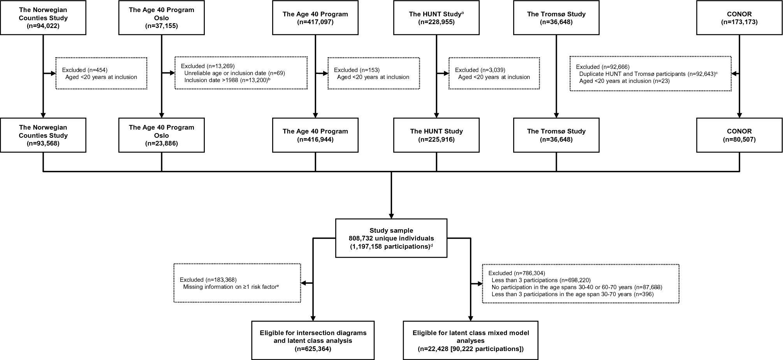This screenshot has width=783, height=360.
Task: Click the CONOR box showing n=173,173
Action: click(x=739, y=18)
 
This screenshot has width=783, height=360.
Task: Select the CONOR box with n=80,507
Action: click(x=739, y=135)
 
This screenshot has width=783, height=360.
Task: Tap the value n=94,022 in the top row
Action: click(x=43, y=26)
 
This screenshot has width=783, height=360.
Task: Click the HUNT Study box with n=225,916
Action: click(x=436, y=135)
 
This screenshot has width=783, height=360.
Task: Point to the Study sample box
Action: click(x=391, y=238)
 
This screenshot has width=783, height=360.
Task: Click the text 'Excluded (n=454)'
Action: click(x=84, y=70)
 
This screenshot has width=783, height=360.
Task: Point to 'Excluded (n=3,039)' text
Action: click(x=480, y=70)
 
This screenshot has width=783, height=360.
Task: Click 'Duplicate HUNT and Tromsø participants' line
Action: click(x=646, y=74)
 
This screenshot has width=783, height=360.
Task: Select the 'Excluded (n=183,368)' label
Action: click(x=208, y=279)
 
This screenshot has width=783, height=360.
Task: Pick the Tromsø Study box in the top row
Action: click(x=556, y=18)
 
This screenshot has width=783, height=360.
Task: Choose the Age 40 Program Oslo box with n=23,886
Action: click(x=161, y=135)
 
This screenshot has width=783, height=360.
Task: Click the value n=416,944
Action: click(x=315, y=139)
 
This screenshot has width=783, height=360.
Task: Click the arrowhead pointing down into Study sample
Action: click(x=391, y=215)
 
